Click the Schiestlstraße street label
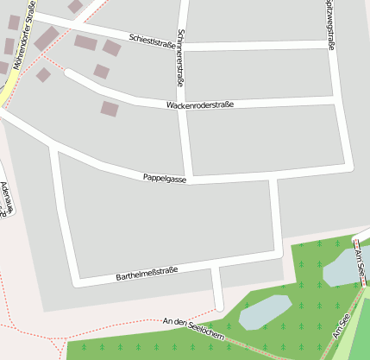(151, 40)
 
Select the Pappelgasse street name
(165, 178)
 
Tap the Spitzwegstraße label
(329, 17)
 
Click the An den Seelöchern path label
(193, 328)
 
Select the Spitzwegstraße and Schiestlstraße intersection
(330, 46)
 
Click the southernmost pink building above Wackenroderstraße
(109, 109)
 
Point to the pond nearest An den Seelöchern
(264, 312)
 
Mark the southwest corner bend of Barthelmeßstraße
(76, 281)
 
